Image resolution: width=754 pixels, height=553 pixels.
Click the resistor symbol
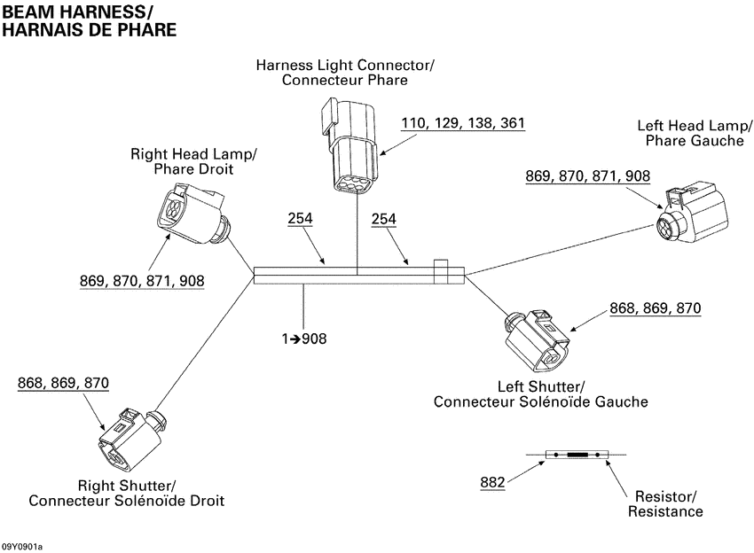point(577,456)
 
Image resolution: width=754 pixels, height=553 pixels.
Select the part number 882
point(492,482)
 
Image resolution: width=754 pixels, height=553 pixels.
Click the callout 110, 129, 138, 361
point(462,123)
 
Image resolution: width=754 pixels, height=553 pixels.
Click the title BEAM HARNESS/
point(77,12)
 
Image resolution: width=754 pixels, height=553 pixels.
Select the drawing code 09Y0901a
point(22,546)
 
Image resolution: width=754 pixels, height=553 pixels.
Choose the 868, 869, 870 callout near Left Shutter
point(655,308)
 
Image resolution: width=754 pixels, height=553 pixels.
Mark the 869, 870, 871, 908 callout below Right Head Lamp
point(141,281)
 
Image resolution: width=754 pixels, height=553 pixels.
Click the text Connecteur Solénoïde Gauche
point(540,401)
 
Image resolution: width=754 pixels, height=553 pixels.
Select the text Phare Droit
point(193,169)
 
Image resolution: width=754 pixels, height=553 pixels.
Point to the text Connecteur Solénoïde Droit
point(126,501)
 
